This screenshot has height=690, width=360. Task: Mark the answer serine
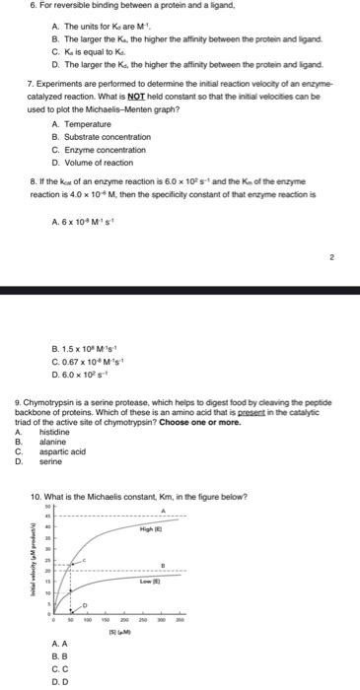pyautogui.click(x=50, y=461)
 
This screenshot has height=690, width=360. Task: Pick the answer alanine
pyautogui.click(x=52, y=442)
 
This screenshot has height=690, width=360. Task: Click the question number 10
pyautogui.click(x=36, y=495)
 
